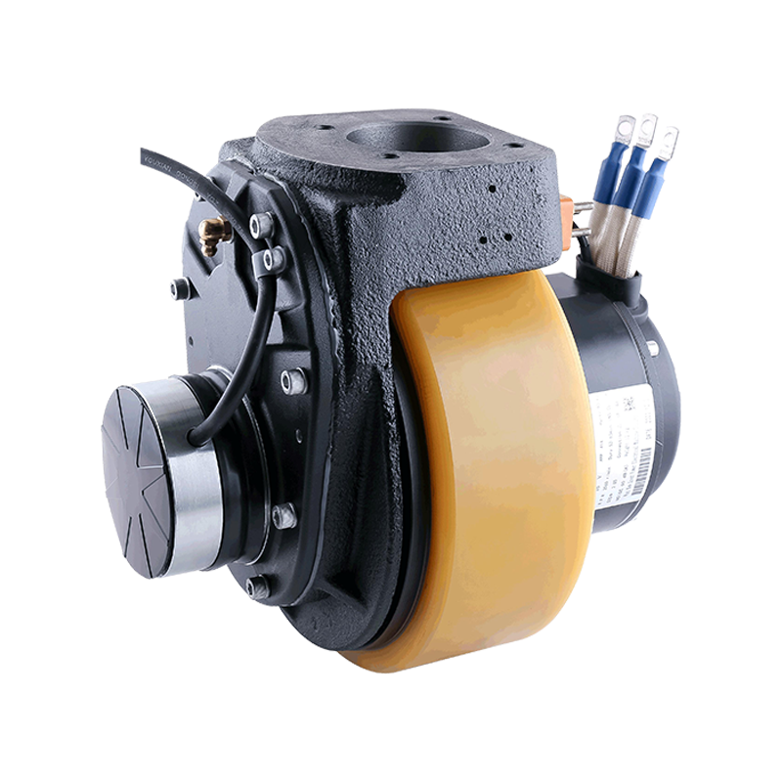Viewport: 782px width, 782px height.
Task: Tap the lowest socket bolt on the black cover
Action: click(x=258, y=587)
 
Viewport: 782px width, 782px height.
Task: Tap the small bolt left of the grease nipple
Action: click(x=178, y=288)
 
